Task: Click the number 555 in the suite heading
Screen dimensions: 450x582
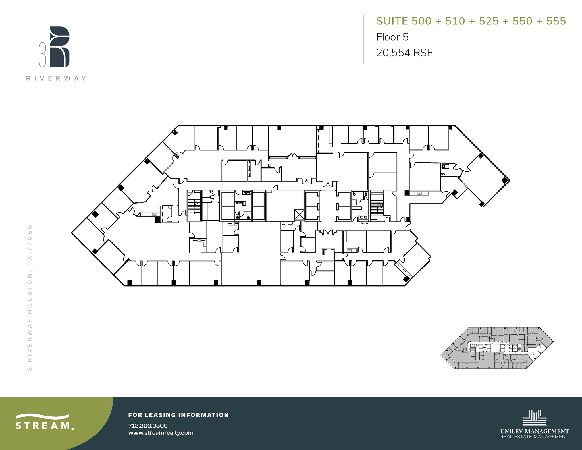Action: click(x=556, y=21)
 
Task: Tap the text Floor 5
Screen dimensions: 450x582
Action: click(x=392, y=37)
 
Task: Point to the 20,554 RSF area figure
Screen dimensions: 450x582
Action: click(x=404, y=53)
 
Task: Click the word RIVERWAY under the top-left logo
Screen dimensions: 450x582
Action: click(x=56, y=78)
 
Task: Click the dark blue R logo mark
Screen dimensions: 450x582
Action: click(x=59, y=47)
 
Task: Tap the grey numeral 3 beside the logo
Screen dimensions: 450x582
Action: click(x=42, y=55)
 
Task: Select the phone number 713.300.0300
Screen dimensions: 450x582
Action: click(x=148, y=426)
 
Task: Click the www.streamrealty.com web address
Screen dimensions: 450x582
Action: click(x=161, y=433)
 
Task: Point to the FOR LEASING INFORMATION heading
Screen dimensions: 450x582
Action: click(x=178, y=415)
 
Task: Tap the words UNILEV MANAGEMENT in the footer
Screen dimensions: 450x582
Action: click(x=535, y=431)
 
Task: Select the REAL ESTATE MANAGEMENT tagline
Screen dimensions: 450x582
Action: click(x=535, y=437)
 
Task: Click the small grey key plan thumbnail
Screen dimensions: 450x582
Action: click(x=497, y=348)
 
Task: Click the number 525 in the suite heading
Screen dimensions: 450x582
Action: click(x=489, y=21)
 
